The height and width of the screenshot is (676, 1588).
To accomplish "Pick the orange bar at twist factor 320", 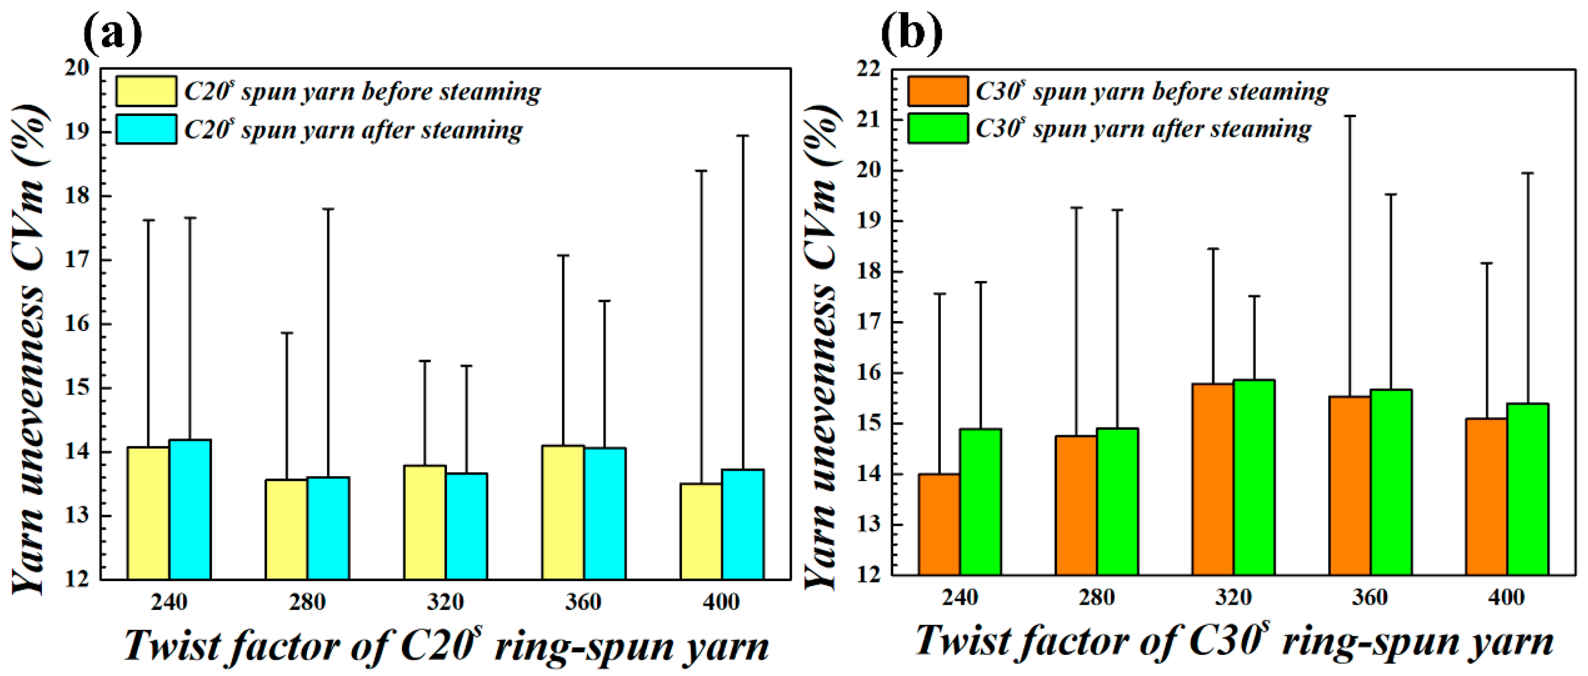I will (x=1213, y=479).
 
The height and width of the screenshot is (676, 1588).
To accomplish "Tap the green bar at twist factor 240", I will (x=980, y=502).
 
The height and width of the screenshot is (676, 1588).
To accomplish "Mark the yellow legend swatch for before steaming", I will (x=146, y=91).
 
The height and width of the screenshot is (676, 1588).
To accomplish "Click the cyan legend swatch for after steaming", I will (x=146, y=129).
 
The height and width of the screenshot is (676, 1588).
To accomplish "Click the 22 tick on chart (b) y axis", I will (x=869, y=69).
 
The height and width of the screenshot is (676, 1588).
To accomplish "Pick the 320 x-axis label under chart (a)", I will (x=445, y=601).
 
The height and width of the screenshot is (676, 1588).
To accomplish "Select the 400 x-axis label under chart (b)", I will (x=1507, y=597).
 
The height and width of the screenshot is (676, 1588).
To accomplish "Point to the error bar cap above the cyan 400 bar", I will (x=743, y=136).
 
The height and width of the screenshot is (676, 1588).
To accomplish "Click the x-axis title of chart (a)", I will (x=446, y=646).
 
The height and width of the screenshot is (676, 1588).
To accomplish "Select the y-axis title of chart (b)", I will (x=822, y=345).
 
